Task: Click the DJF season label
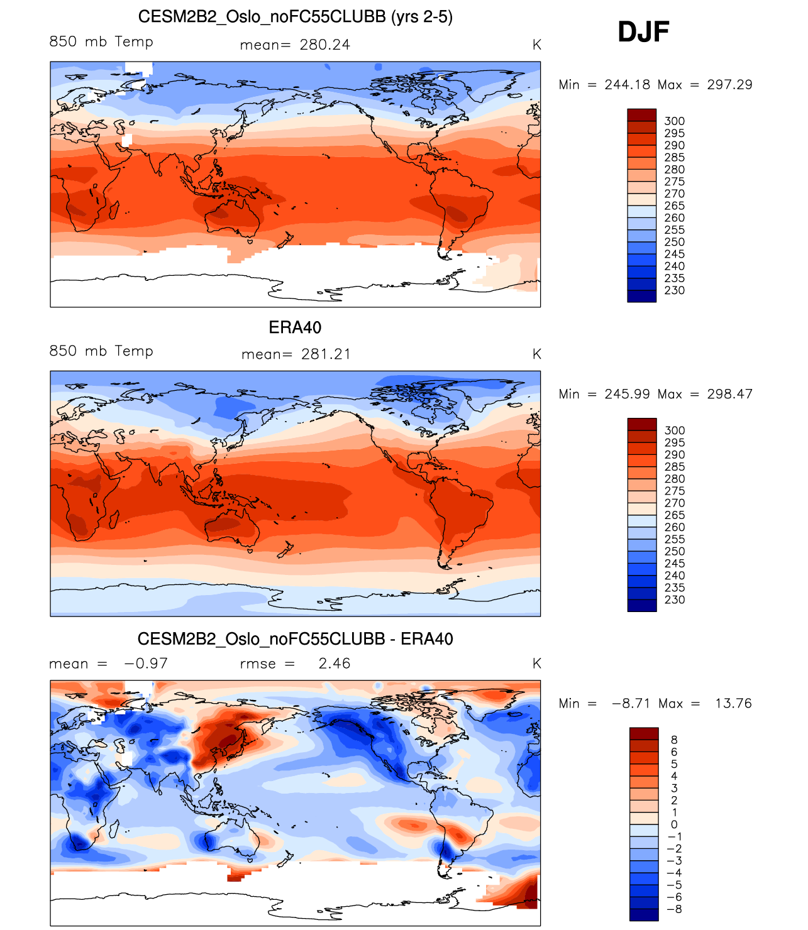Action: [x=643, y=32]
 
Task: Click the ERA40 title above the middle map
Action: [x=295, y=327]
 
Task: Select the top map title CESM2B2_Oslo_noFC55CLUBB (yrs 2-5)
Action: [x=295, y=17]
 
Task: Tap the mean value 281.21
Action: [x=326, y=354]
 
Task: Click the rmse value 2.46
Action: [x=334, y=664]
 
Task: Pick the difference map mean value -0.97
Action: [x=146, y=664]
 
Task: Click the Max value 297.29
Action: [x=729, y=85]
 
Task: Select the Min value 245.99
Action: [x=627, y=394]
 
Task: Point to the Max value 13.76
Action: [x=733, y=703]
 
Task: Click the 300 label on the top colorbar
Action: [x=674, y=121]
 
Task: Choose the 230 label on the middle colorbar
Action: [x=674, y=599]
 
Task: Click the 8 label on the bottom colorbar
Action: [x=674, y=740]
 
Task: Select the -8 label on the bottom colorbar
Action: [x=674, y=909]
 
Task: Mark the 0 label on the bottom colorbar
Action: [x=674, y=824]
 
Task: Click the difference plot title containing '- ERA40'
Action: [x=295, y=639]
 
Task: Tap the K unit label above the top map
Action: [x=536, y=45]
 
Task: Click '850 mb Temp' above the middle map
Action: [x=101, y=351]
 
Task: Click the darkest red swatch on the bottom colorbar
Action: [x=644, y=734]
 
